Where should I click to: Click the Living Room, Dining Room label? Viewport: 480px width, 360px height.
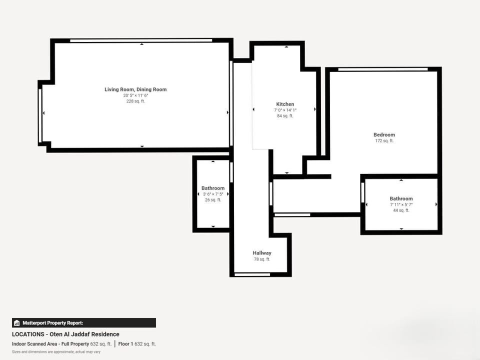click(135, 89)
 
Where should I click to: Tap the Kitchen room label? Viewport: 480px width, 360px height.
click(285, 104)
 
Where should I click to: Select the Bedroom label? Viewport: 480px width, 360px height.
click(384, 134)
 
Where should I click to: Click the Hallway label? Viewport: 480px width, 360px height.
click(262, 253)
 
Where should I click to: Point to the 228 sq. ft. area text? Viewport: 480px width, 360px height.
click(135, 101)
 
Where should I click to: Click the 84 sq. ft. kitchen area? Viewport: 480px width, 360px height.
click(285, 116)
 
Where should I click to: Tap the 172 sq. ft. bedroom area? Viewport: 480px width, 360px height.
click(384, 141)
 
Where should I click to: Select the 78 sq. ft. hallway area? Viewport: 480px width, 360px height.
click(262, 259)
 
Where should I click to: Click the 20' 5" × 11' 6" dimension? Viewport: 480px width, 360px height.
click(135, 95)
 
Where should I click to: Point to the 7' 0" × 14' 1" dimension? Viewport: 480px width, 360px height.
click(285, 110)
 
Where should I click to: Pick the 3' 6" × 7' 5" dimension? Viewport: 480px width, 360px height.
click(213, 194)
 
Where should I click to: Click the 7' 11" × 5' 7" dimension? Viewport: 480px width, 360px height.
click(401, 204)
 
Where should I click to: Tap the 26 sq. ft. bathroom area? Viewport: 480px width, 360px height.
click(213, 200)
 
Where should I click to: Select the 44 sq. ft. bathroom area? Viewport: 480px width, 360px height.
click(401, 210)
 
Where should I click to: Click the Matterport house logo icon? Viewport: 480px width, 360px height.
click(17, 323)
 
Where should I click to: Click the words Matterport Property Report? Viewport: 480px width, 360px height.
click(52, 323)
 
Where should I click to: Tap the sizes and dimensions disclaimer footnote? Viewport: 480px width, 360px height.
click(56, 352)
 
